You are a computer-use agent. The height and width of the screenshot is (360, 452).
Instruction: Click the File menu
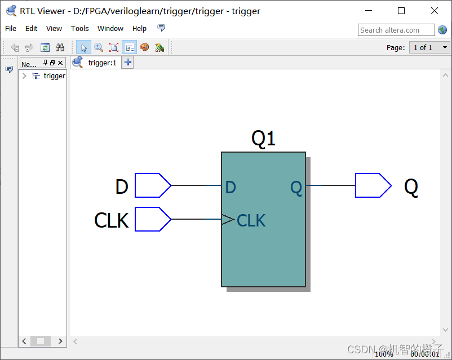pos(11,29)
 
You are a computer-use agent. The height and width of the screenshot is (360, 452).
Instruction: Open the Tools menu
pos(79,29)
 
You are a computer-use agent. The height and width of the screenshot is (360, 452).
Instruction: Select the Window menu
pos(110,29)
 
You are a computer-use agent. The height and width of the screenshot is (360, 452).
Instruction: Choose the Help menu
pos(139,29)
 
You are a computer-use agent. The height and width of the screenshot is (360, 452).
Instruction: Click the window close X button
pos(434,11)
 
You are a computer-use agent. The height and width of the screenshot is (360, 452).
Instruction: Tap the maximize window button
pos(401,11)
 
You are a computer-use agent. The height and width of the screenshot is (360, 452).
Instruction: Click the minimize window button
pos(369,11)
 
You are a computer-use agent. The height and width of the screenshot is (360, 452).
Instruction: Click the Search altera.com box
pos(396,30)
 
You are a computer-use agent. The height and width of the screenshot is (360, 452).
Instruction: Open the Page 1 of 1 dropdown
pos(429,47)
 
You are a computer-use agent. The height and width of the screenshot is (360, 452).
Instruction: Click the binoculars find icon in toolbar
pos(60,47)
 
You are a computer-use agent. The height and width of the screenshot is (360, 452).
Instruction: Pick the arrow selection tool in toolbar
pos(83,47)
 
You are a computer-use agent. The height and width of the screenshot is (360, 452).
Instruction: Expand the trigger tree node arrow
pos(24,76)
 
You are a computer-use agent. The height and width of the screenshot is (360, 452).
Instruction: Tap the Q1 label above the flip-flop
pos(263,138)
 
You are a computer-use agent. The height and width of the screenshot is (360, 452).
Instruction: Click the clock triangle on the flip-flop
pos(228,220)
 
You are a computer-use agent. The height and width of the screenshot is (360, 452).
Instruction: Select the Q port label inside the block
pos(296,187)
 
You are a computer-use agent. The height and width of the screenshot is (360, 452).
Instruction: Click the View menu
pos(54,29)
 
